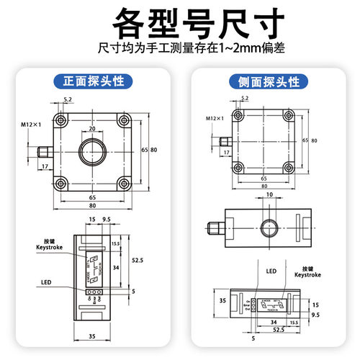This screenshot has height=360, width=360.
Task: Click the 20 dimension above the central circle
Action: coord(91,130)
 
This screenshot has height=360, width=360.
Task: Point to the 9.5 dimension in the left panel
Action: coord(106,219)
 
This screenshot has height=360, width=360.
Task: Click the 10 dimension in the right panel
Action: coord(269,195)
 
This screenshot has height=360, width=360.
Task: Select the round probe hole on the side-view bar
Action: coord(269,227)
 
